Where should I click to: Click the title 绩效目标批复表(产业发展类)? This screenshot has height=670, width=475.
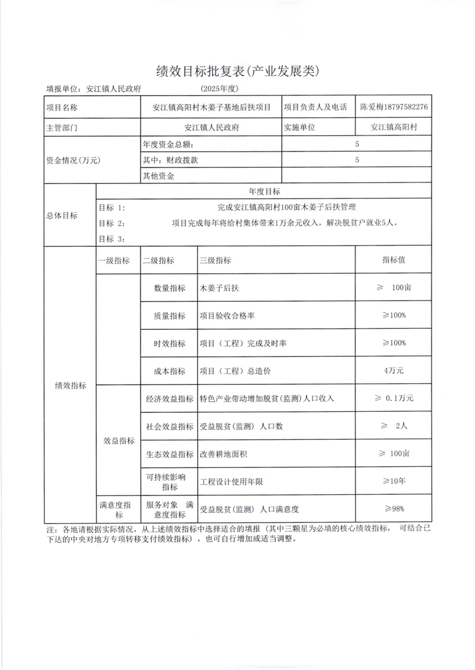[238, 71]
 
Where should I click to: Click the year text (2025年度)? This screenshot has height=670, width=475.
[220, 88]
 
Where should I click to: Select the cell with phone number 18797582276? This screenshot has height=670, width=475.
[394, 107]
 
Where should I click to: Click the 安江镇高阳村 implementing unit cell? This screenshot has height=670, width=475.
[394, 127]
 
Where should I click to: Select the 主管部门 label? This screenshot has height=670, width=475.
[62, 127]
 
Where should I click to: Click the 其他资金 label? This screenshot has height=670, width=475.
[158, 176]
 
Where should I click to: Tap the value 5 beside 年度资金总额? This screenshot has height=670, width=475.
[357, 144]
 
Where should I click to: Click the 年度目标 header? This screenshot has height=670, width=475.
[263, 192]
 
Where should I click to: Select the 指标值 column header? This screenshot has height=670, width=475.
[394, 261]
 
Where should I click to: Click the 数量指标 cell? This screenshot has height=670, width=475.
[170, 287]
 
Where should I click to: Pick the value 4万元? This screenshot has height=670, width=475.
[394, 371]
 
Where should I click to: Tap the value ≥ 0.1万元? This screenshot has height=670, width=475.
[394, 398]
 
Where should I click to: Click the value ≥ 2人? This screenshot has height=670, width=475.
[394, 426]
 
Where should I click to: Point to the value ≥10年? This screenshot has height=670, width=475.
[394, 481]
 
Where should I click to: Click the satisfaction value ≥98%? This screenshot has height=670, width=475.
[394, 509]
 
